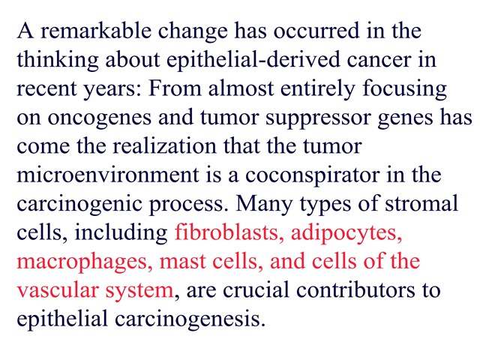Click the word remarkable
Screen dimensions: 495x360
pos(96,31)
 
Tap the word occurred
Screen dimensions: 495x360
pos(316,31)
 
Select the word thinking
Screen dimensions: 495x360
pos(58,60)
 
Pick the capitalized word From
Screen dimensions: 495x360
pos(175,88)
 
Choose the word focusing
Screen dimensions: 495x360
pos(404,89)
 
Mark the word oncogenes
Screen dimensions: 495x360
pos(100,118)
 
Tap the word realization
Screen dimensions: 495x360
pos(164,146)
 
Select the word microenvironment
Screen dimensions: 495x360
pos(108,175)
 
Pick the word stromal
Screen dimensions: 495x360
pos(421,204)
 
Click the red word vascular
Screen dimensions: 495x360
pos(57,290)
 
